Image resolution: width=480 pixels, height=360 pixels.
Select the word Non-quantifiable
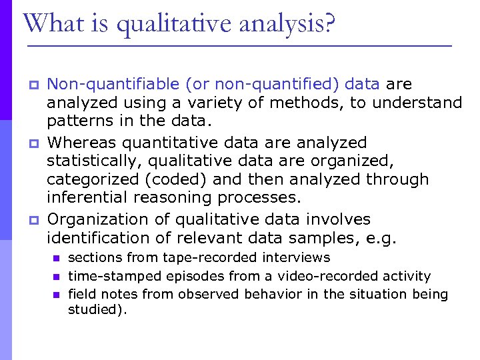(114, 84)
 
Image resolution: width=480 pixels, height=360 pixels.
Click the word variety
(197, 103)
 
